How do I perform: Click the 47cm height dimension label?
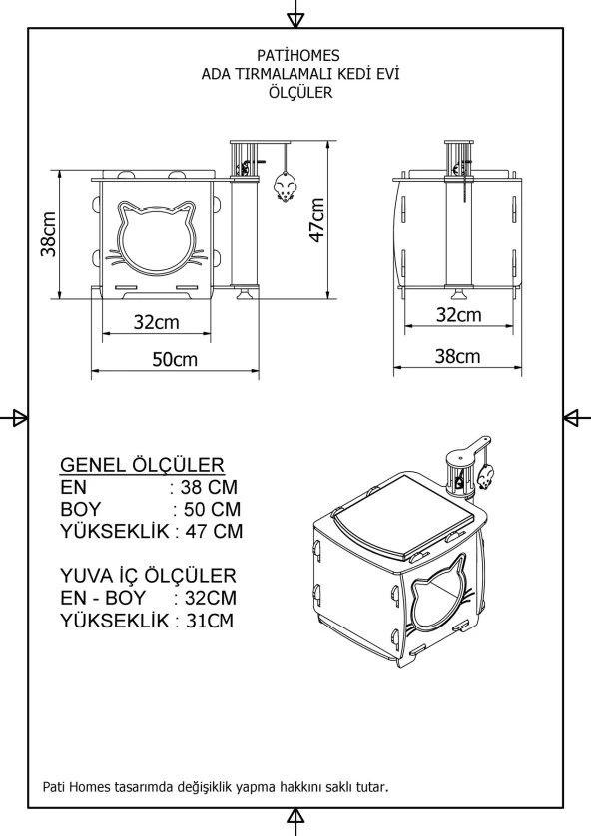[x=316, y=219]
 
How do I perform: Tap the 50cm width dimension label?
[x=175, y=359]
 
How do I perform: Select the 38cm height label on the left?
[x=47, y=233]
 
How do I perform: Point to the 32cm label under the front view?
[x=156, y=322]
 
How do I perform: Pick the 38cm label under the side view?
[x=458, y=356]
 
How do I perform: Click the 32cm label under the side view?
[x=458, y=315]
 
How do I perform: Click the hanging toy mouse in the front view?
[x=284, y=187]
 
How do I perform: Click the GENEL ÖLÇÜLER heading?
[x=142, y=465]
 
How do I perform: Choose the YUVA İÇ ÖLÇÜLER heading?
[x=148, y=576]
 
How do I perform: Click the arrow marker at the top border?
[x=295, y=15]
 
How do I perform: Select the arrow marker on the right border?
[x=577, y=417]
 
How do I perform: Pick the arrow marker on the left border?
[x=14, y=417]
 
